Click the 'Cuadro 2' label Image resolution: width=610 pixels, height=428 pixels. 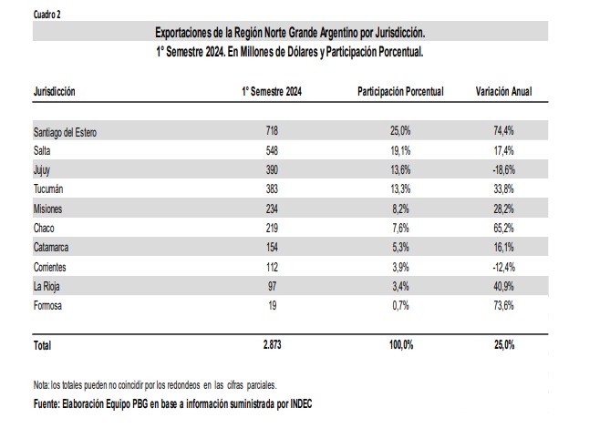47,15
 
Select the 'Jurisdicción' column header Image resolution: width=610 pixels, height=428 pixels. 54,92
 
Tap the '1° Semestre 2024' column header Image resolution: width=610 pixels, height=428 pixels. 272,92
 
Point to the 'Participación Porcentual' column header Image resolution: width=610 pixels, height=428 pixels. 400,92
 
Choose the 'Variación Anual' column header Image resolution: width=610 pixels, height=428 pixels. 503,92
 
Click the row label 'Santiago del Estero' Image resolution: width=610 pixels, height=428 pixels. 65,132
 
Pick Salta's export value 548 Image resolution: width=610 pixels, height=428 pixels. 272,150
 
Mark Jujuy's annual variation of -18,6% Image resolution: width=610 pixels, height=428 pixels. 504,169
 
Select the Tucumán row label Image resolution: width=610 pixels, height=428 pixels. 48,189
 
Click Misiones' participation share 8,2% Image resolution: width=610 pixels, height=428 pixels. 400,209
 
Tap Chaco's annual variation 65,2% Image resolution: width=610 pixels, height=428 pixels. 504,228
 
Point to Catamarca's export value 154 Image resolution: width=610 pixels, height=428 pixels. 272,248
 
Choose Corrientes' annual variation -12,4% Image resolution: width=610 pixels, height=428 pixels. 504,267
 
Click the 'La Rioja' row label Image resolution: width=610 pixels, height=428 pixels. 47,287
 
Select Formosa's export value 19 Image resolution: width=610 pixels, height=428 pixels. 272,306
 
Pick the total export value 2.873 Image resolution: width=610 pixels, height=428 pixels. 272,344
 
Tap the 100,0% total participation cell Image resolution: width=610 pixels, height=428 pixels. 401,344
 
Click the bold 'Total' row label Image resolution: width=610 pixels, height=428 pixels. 42,345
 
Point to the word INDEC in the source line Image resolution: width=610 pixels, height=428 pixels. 301,404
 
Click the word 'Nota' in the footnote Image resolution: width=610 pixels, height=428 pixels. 41,385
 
